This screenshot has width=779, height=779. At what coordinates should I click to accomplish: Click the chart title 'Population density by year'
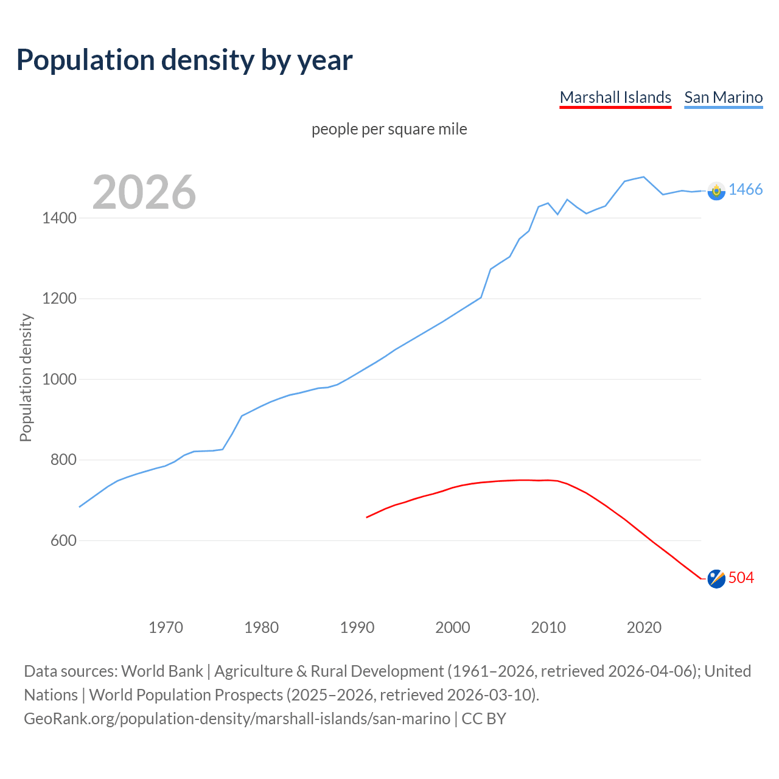(x=184, y=60)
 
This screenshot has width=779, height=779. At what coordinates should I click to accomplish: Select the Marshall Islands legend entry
(x=615, y=97)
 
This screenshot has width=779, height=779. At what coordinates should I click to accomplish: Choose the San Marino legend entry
(x=723, y=97)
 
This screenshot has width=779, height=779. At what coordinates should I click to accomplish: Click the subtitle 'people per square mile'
(x=389, y=130)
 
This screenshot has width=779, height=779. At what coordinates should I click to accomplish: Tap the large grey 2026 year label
(x=144, y=192)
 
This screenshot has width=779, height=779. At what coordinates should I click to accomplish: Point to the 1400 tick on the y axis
(x=59, y=218)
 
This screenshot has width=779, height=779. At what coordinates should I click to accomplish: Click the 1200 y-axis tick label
(x=59, y=299)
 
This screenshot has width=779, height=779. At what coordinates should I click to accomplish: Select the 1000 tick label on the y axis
(x=59, y=379)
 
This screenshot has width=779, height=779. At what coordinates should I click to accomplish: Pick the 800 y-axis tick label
(x=63, y=460)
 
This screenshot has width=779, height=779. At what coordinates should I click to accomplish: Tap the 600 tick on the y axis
(x=63, y=540)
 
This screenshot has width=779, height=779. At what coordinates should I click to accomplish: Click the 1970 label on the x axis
(x=166, y=627)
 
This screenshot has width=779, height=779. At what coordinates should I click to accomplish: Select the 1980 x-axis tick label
(x=261, y=627)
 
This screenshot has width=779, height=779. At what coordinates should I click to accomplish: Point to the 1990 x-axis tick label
(x=357, y=627)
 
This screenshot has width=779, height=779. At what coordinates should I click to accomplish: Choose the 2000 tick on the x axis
(x=453, y=627)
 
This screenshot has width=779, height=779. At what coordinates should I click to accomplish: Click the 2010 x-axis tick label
(x=548, y=627)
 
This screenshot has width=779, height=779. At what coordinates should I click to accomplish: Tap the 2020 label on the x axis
(x=644, y=627)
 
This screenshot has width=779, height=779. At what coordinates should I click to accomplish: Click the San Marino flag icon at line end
(x=716, y=191)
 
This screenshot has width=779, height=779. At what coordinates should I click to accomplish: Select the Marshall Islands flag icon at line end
(x=716, y=579)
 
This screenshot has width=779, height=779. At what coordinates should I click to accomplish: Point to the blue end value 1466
(x=746, y=190)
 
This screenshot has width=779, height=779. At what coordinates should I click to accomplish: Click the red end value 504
(x=741, y=578)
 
